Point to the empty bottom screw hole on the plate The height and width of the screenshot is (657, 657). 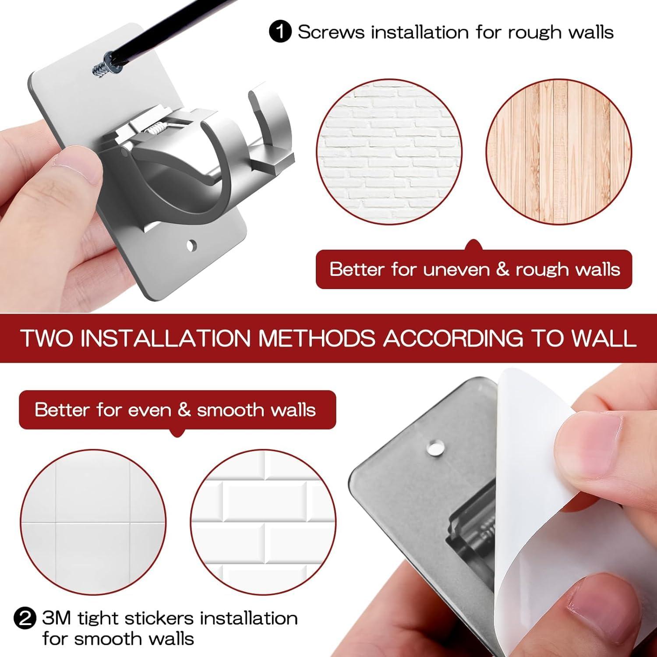(x=191, y=246)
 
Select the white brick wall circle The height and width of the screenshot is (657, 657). (x=389, y=152)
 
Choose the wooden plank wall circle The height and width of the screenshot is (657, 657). (x=559, y=152)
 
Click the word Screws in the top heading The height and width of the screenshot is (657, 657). (x=331, y=32)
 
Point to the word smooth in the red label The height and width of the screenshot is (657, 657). (x=230, y=410)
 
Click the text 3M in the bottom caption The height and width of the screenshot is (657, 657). (x=57, y=618)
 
